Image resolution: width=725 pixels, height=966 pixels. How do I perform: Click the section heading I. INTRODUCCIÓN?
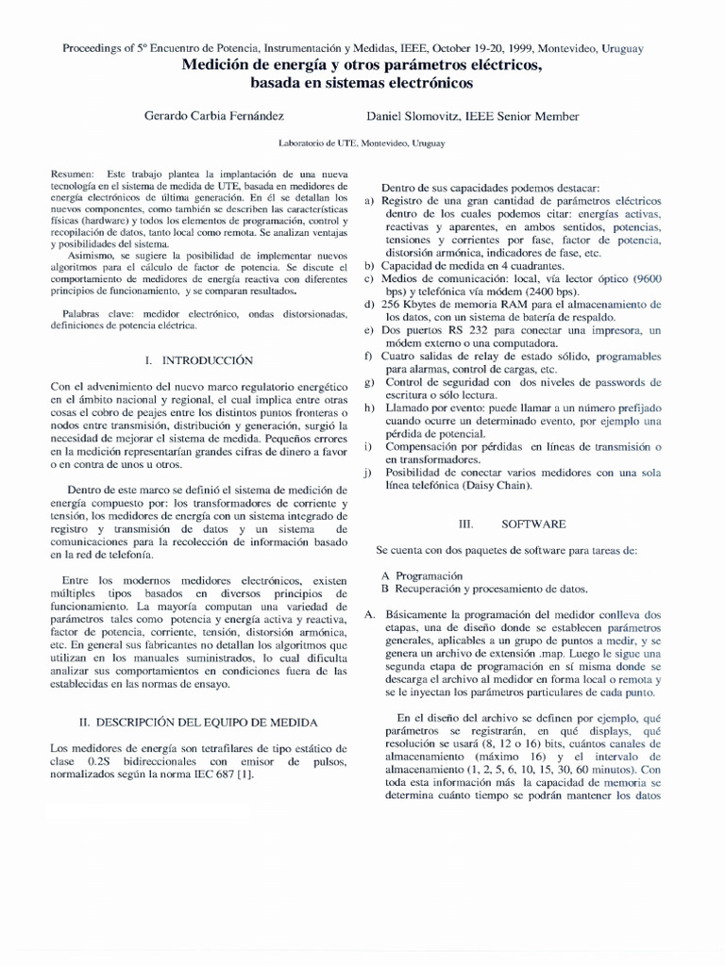(200, 360)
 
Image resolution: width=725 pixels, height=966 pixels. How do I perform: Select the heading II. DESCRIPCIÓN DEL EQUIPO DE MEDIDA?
(198, 722)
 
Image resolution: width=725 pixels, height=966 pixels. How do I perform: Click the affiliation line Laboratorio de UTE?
(362, 143)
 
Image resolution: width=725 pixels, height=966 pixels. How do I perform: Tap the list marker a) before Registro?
(371, 201)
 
